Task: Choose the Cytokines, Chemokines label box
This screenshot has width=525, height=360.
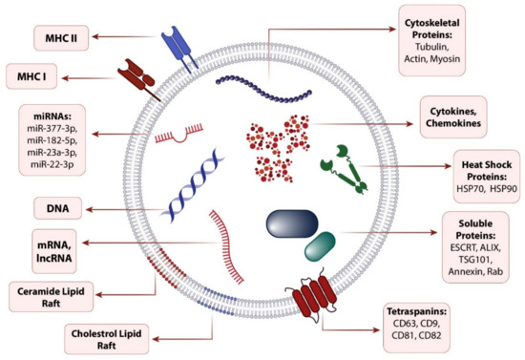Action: coord(452,121)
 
